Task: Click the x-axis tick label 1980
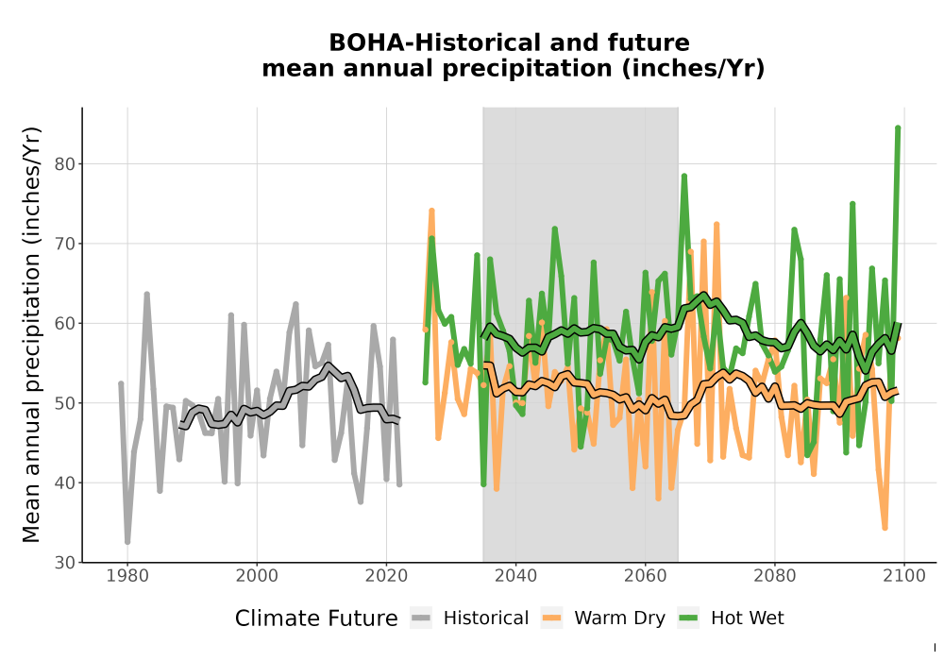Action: pos(127,576)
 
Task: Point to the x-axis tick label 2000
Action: pos(257,576)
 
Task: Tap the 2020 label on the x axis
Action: pos(386,576)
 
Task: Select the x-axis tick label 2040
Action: pos(516,576)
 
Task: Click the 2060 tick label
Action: pos(646,576)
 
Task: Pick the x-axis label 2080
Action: pos(775,576)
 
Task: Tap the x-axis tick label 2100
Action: pos(904,576)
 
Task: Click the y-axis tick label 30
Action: pos(66,563)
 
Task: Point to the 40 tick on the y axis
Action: pos(66,483)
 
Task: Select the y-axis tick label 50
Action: pos(66,403)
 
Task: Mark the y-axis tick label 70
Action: pos(66,244)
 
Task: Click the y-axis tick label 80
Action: pos(66,163)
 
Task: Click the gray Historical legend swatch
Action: pos(421,618)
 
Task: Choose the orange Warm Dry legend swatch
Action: pos(551,618)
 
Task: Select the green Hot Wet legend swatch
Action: pos(688,618)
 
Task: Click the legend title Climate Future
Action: pos(316,619)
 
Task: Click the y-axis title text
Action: pos(31,334)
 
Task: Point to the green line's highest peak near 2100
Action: pos(898,127)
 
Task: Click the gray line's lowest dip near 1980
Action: pos(127,542)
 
